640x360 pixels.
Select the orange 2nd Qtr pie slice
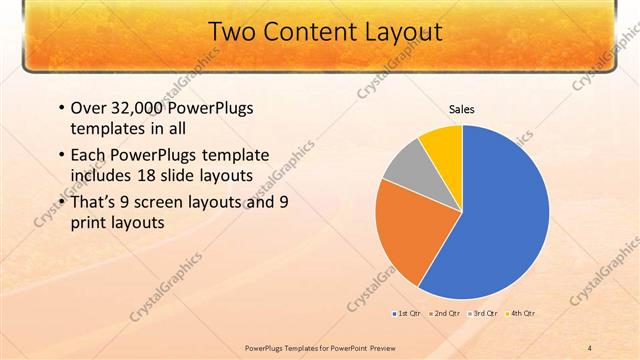pyautogui.click(x=406, y=235)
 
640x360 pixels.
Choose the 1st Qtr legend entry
pyautogui.click(x=407, y=314)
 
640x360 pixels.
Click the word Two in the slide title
pyautogui.click(x=233, y=33)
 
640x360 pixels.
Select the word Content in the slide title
pyautogui.click(x=307, y=33)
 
